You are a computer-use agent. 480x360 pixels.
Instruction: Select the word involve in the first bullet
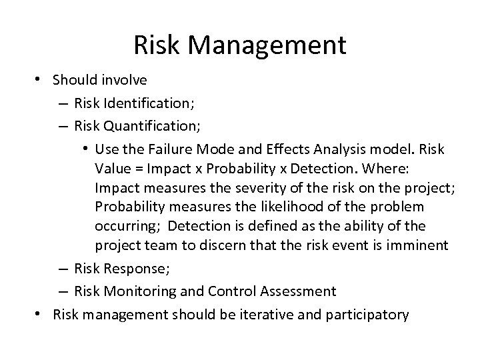(125, 79)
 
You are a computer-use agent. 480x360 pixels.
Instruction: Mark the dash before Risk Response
(61, 269)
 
